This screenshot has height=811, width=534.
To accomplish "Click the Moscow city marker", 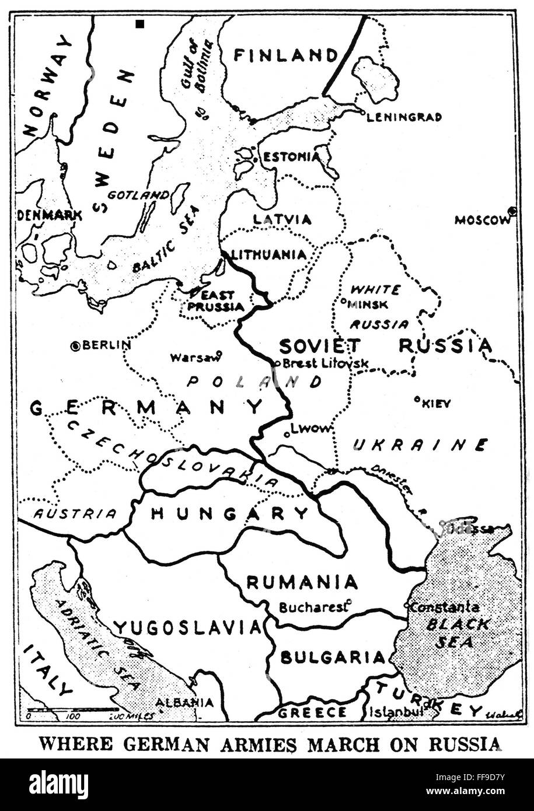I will [512, 211].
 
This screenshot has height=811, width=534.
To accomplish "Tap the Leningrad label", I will [403, 117].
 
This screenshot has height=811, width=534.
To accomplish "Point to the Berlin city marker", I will [75, 346].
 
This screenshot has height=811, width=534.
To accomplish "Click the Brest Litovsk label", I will [326, 363].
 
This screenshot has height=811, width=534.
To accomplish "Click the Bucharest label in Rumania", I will [313, 607].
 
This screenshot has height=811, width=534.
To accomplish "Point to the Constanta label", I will [445, 607].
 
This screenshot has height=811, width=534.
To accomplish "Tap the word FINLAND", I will [286, 55].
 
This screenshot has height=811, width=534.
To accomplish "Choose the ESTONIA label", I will [291, 157].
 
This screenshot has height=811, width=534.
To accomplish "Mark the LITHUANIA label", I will [269, 254].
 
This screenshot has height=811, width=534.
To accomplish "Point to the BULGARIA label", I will [333, 658].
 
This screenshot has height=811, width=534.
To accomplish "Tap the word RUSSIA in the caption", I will [465, 744].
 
